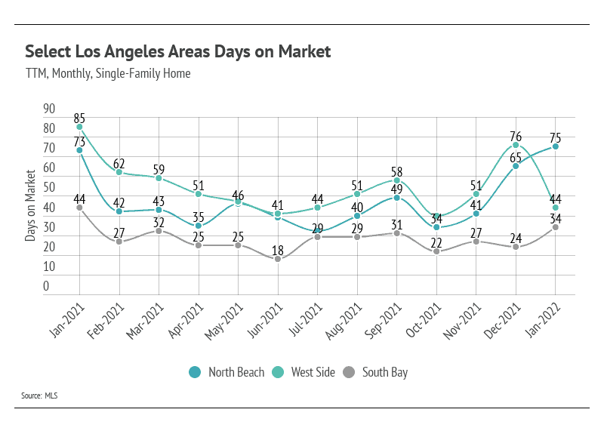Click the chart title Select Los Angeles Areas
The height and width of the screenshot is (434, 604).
pos(177,51)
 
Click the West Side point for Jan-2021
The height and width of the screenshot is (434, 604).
pos(79,127)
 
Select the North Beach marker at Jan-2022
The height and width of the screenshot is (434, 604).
pos(556,146)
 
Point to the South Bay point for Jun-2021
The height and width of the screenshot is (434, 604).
pos(278,259)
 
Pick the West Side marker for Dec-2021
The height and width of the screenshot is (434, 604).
pos(516,145)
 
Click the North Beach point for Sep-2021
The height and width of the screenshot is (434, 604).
pos(397,198)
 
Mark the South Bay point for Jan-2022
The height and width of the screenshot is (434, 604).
pos(556,227)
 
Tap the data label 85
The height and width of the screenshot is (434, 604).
pos(79,118)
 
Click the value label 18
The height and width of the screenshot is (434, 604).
pos(278,250)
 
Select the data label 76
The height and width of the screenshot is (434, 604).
pos(516,136)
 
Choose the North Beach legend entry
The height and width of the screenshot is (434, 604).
pos(227,372)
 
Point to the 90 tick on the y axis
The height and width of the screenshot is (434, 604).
pos(49,109)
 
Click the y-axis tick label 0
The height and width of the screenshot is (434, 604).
pos(45,286)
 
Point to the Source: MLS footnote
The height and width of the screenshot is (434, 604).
pos(41,396)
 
